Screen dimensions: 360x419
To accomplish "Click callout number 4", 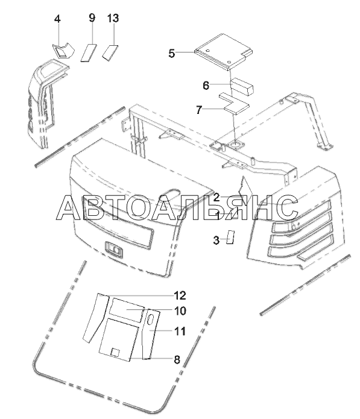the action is tap(57, 19).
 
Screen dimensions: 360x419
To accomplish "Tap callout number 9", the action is tap(92, 18).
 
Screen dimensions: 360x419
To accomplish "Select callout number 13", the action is tap(113, 18).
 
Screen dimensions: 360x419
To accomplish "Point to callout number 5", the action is tap(172, 54).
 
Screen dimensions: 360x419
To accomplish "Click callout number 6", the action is tap(206, 86).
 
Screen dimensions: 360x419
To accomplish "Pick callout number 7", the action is tap(199, 110).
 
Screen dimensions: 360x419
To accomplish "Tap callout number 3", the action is tap(216, 240).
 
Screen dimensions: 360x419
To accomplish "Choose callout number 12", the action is tap(180, 295).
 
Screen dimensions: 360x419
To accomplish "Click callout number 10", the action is tap(180, 310).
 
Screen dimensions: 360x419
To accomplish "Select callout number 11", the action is tap(180, 331).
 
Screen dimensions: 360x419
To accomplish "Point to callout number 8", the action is tap(177, 360).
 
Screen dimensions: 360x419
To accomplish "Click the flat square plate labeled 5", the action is tap(224, 52).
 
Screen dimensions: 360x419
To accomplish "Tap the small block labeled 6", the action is tap(242, 86).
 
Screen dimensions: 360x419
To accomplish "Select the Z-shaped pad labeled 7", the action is tap(234, 103).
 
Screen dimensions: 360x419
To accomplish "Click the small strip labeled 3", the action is tap(230, 237).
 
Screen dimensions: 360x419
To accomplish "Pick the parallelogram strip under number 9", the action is tap(89, 52).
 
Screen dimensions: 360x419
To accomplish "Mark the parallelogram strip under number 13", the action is tap(110, 52).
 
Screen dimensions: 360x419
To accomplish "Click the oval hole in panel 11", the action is tap(150, 320).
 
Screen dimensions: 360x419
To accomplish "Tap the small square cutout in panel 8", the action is tap(115, 353).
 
